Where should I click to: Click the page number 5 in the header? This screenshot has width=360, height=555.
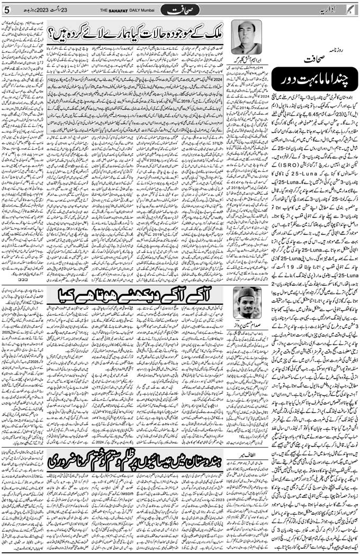[7, 9]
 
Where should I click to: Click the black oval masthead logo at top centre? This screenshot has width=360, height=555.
[179, 9]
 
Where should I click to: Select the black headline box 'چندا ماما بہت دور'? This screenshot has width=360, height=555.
[314, 83]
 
